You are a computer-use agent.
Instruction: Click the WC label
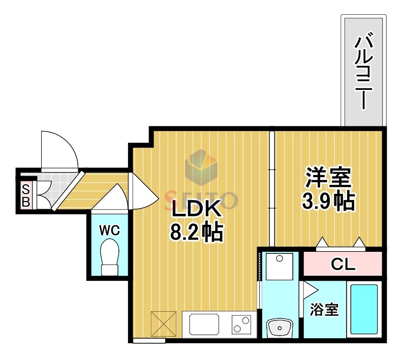[x=109, y=230]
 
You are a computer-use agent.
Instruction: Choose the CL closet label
[x=343, y=264]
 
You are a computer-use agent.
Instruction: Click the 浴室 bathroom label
[x=324, y=310]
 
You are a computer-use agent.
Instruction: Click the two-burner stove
[x=241, y=323]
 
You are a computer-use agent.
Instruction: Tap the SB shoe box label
[x=26, y=195]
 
